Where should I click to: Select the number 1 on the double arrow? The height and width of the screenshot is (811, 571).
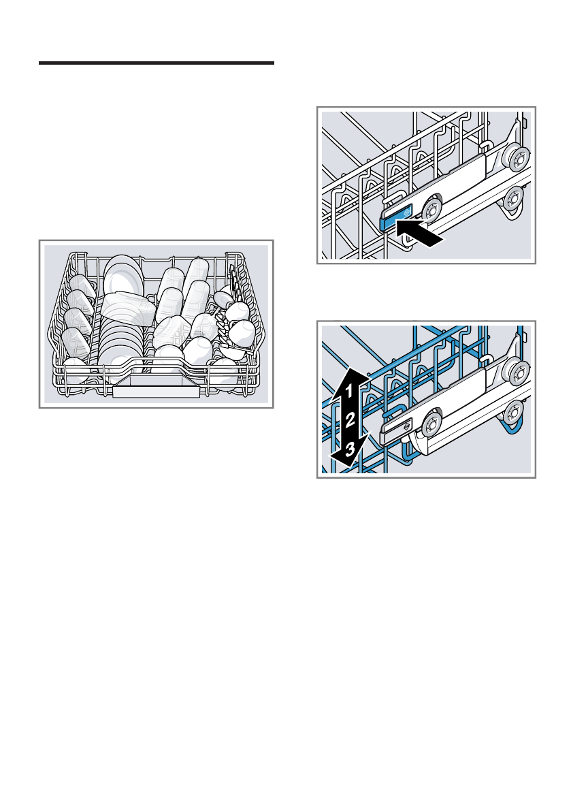tap(347, 393)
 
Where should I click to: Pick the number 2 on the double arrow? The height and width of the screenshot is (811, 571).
tap(349, 420)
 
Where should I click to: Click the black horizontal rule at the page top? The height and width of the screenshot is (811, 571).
tap(156, 63)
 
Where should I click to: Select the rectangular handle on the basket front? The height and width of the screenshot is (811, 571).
tap(157, 390)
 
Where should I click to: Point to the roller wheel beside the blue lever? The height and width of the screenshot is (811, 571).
tap(431, 208)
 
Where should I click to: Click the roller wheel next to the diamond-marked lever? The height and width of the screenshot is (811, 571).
tap(431, 423)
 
